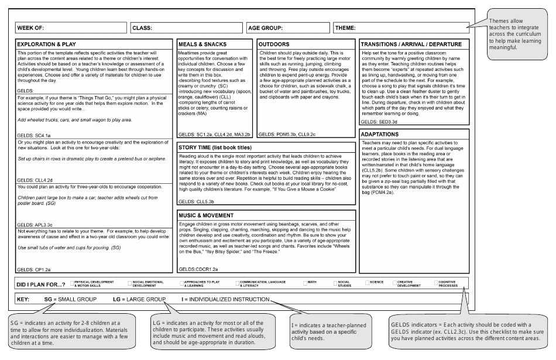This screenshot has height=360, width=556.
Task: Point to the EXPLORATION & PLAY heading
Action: [x=46, y=44]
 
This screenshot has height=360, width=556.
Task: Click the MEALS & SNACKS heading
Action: [x=203, y=44]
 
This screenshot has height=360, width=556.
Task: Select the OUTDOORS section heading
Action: [x=274, y=44]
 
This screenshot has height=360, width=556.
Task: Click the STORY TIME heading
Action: [x=219, y=147]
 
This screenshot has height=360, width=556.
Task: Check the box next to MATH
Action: [x=306, y=283]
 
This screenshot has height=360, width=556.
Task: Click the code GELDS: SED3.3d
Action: [x=379, y=122]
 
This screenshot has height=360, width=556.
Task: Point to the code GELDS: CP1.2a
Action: [x=34, y=269]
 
